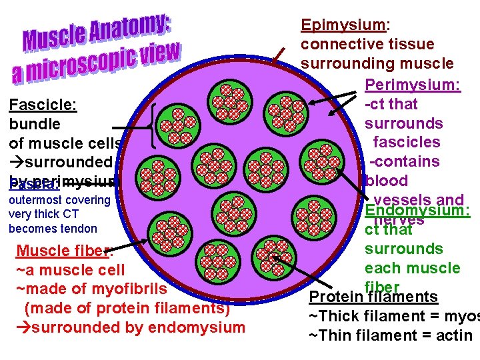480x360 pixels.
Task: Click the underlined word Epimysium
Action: click(x=343, y=25)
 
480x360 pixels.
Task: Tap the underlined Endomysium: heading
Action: click(x=418, y=211)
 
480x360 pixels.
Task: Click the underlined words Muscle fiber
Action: click(x=63, y=251)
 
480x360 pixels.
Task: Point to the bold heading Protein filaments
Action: click(x=373, y=297)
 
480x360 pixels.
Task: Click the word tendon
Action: click(x=79, y=229)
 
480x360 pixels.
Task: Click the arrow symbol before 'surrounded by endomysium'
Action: click(x=23, y=327)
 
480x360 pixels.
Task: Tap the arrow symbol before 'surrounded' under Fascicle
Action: click(x=17, y=162)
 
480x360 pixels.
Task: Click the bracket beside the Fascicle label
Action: click(x=155, y=125)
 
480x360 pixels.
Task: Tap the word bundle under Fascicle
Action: click(x=35, y=124)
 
